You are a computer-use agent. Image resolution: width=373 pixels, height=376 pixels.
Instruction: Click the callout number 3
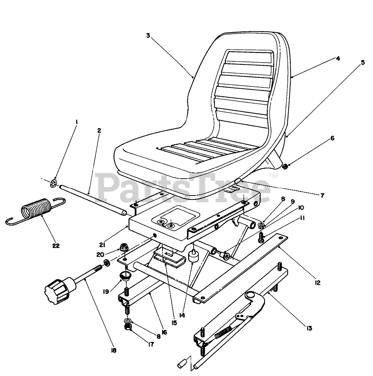coord(148,36)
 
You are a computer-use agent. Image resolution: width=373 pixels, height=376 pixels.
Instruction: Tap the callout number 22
coord(56,245)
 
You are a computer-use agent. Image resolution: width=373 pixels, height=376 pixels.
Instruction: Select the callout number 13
coord(309,328)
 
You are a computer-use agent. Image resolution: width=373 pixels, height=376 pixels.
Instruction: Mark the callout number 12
coord(317,282)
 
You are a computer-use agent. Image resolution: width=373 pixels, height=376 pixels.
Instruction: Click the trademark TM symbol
coord(273,176)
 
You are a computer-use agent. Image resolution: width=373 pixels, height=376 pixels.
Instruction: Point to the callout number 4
coord(338,58)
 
